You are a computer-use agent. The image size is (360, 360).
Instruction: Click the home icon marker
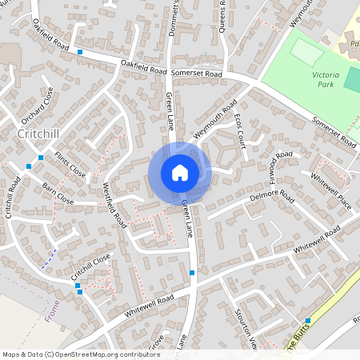point(180,172)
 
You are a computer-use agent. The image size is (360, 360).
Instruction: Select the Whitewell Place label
point(331,190)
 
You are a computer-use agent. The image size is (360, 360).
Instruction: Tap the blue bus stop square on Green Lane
point(192,274)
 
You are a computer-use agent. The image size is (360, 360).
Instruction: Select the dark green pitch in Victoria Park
point(352,78)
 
